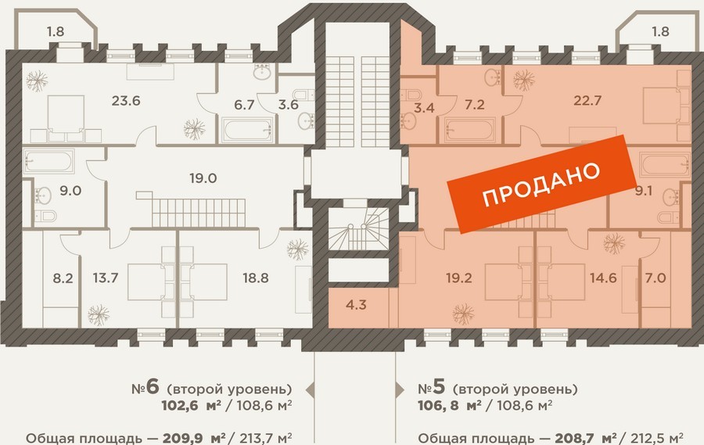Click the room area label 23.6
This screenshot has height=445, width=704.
pos(126,101)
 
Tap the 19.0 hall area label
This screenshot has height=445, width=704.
pos(203,178)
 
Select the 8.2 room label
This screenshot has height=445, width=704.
pos(63,278)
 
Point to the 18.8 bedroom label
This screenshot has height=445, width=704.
pos(256,278)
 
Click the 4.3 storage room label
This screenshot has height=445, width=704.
pos(356,305)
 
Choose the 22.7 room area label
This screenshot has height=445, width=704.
pos(587,100)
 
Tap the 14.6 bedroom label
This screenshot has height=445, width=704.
pos(603,278)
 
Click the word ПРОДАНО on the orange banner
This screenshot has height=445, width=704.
pos(541,184)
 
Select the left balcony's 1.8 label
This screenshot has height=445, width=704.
pos(56,31)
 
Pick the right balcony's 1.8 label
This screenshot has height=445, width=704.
pos(660,31)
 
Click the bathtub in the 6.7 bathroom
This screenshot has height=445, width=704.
pos(247,130)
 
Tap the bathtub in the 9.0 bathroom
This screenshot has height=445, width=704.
pos(48,162)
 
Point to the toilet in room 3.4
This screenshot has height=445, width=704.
pos(411,95)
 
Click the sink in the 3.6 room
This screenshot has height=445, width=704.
pos(306,120)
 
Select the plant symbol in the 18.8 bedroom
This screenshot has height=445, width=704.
pos(298,249)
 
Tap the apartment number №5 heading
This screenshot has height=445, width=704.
pos(431,387)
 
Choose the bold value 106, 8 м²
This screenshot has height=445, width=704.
pos(450,405)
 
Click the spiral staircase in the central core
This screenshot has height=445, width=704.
pos(359,228)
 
